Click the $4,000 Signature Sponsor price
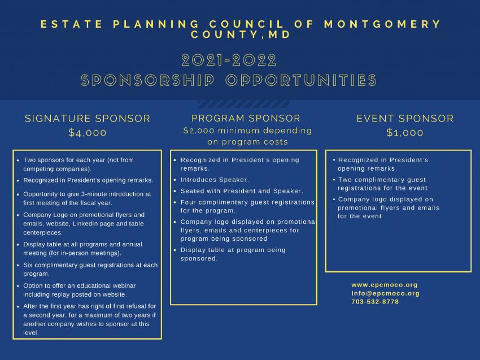coord(88,133)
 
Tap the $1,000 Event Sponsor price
coord(405,133)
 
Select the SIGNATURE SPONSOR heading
coord(88,118)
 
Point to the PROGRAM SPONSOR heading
coord(246,118)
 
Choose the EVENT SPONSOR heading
coord(405,118)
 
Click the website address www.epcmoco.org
coord(385,285)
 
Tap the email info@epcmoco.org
coord(385,293)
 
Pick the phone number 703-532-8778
coord(375,301)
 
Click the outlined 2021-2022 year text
coord(229,60)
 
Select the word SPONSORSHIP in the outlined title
coord(147,80)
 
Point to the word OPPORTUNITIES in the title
coord(301,80)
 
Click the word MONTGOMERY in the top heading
coord(382,24)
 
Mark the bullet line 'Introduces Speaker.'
coord(215,180)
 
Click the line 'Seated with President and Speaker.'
coord(242,191)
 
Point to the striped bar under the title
coord(243,104)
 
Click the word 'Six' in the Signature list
coord(28,265)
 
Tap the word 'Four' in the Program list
coord(188,202)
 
